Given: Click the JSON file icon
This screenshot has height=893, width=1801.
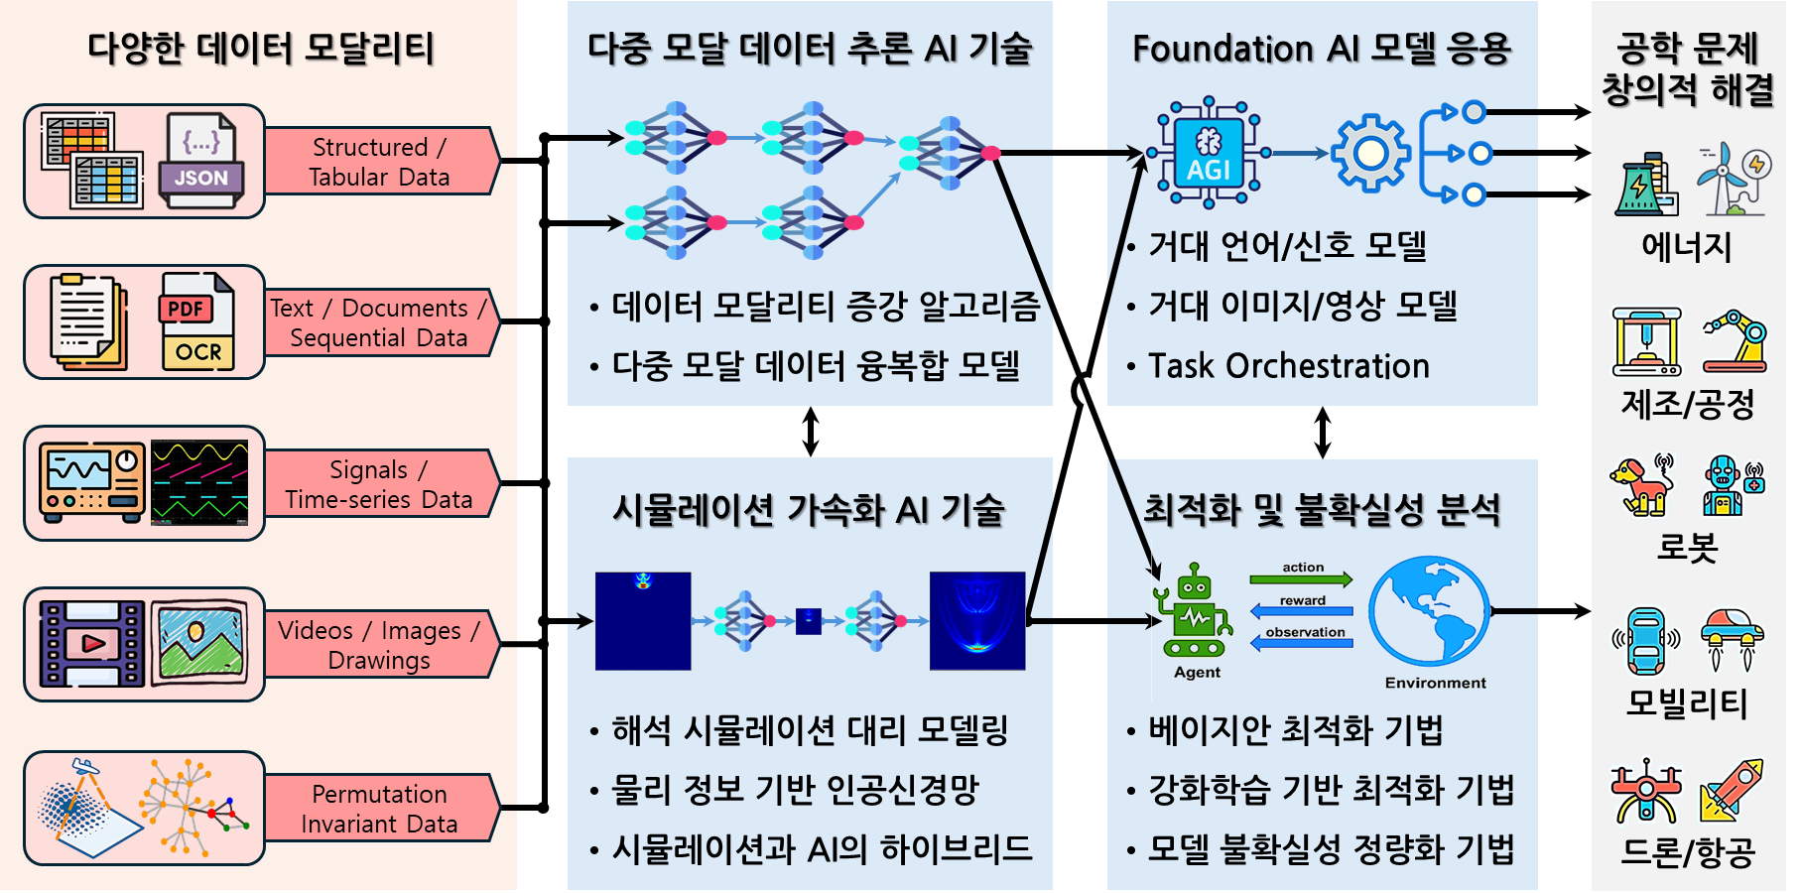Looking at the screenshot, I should [x=201, y=161].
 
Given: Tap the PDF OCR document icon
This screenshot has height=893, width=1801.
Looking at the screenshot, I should [x=197, y=322].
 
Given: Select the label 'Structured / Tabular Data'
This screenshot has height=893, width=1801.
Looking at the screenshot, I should [x=379, y=162].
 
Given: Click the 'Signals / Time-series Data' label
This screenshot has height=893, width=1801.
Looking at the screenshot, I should [x=379, y=484].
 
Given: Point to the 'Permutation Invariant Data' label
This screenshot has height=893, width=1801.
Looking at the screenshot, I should [x=379, y=809].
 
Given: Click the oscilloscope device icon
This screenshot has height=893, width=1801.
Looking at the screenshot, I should [x=92, y=483].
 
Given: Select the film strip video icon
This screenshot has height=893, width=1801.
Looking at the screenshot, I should [x=92, y=644].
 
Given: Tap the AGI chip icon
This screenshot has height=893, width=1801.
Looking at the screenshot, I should [x=1208, y=153].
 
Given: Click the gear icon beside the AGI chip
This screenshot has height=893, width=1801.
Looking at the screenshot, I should [x=1369, y=153].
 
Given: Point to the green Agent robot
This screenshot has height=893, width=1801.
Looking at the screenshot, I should [x=1195, y=613].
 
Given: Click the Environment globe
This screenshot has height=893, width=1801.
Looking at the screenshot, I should [x=1430, y=610].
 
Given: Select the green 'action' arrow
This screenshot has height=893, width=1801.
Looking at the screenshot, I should [x=1301, y=577].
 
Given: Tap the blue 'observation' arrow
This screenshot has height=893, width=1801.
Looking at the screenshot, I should [x=1302, y=642].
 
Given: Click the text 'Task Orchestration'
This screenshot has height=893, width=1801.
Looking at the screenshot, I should [x=1288, y=366].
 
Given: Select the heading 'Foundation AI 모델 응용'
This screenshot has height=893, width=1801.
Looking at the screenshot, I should [x=1322, y=49].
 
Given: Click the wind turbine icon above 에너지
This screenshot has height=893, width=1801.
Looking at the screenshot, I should [x=1732, y=179].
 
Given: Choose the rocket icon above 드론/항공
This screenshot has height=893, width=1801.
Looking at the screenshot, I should [x=1732, y=791].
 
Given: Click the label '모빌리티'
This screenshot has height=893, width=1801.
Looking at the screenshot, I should [x=1686, y=703].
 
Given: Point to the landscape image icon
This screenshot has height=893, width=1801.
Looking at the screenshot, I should [x=199, y=644].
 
